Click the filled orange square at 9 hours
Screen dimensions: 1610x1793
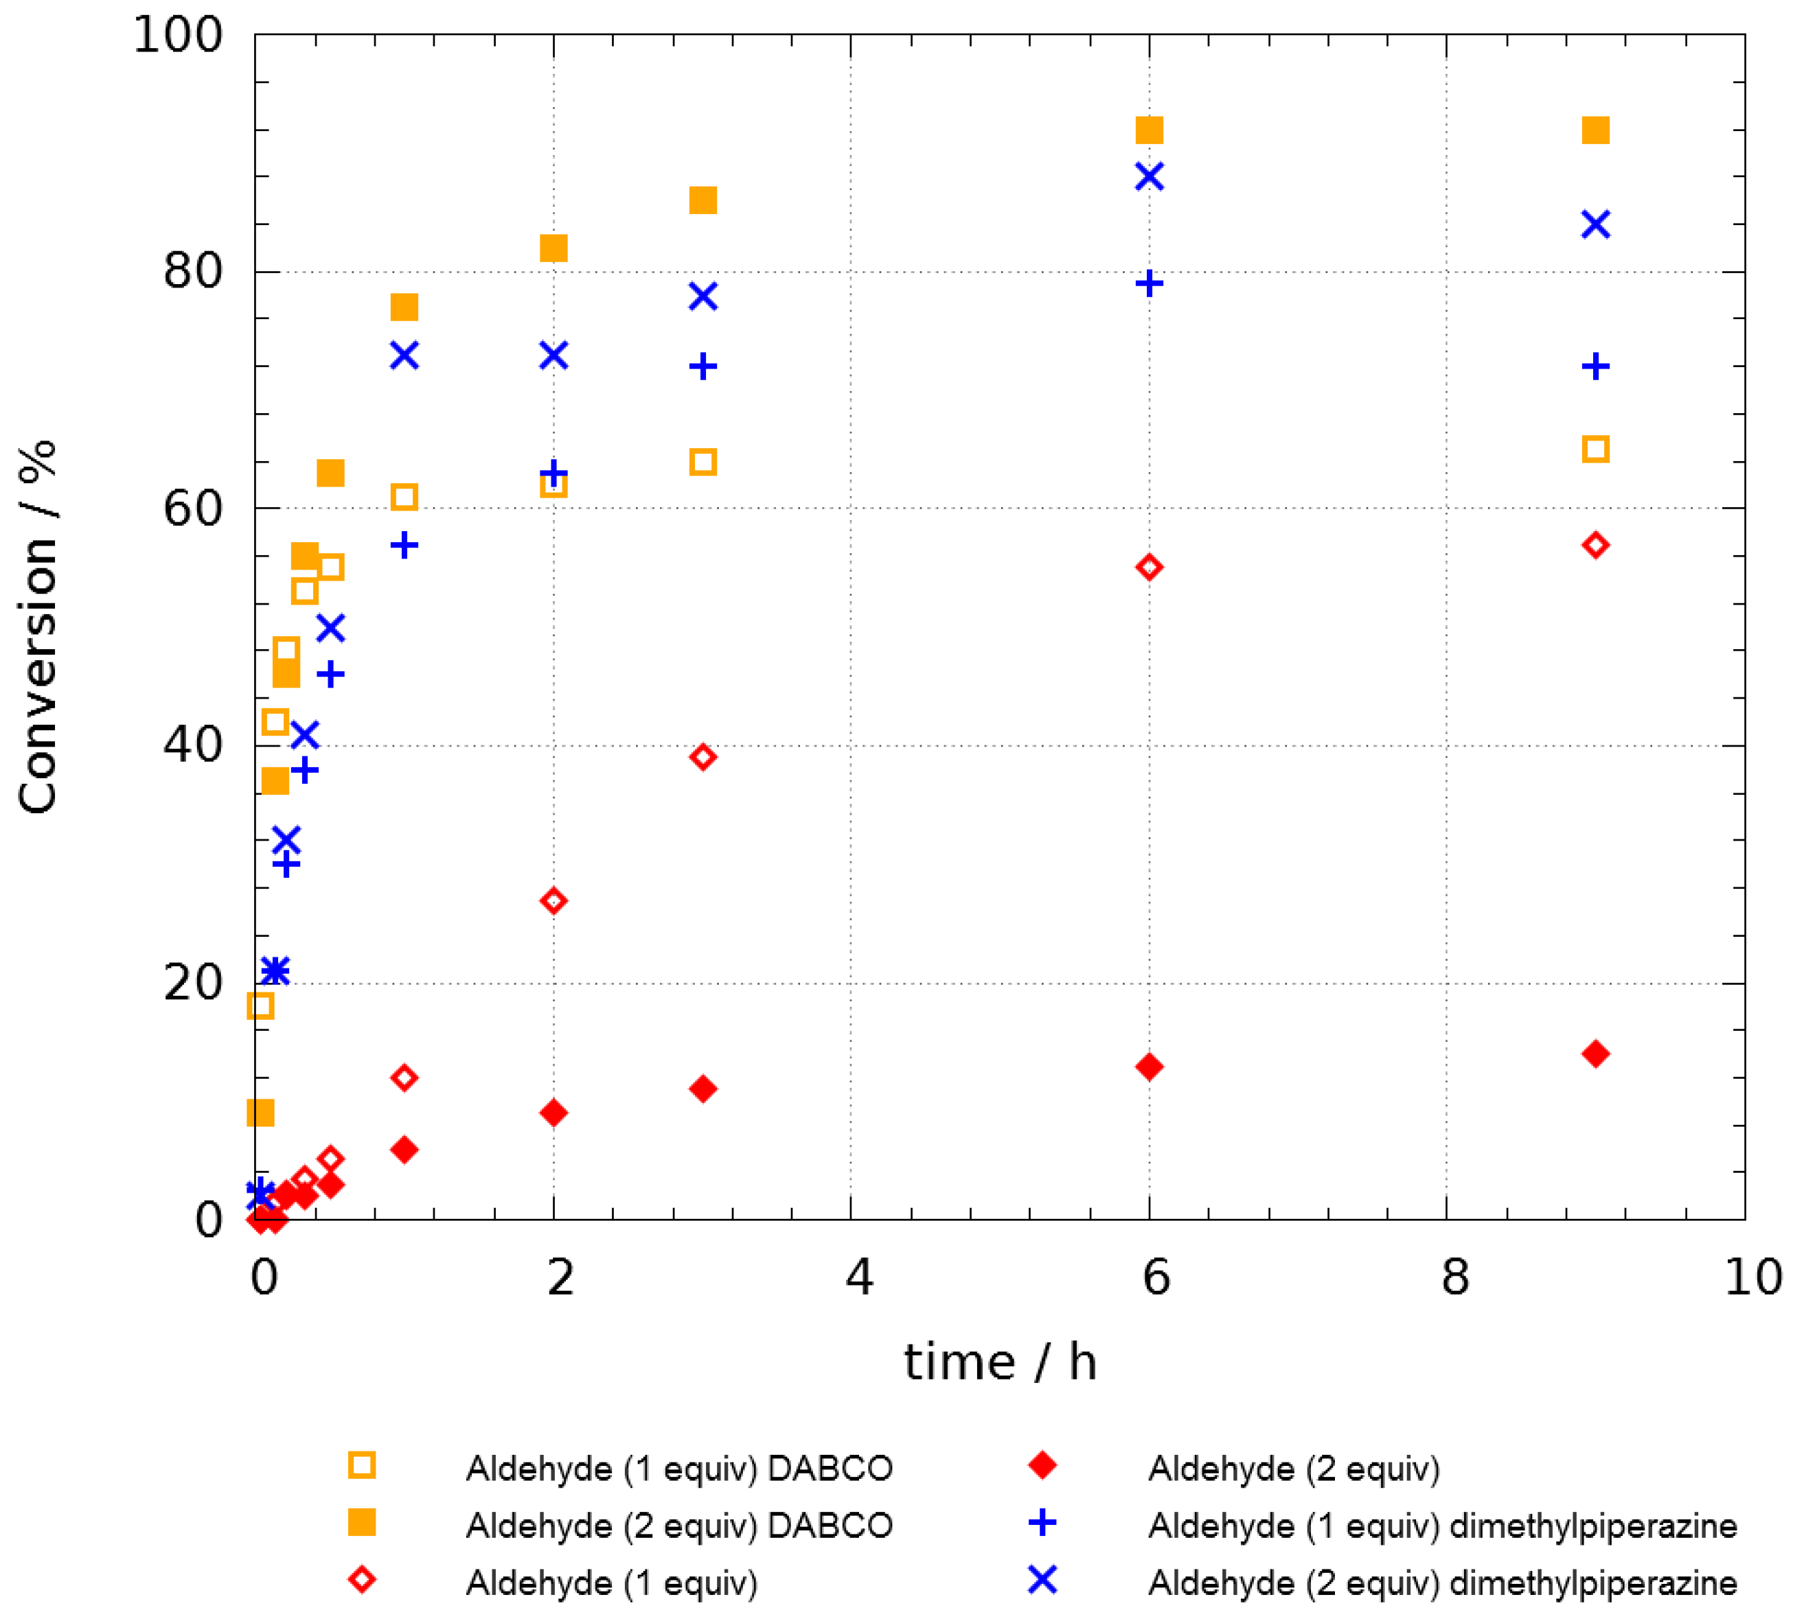tap(1595, 130)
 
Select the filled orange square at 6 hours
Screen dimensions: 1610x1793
tap(1149, 130)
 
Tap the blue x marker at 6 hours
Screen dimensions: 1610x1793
tap(1149, 177)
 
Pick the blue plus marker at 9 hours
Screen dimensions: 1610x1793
tap(1595, 366)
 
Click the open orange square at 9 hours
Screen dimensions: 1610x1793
tap(1595, 450)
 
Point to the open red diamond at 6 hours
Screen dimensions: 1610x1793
tap(1149, 567)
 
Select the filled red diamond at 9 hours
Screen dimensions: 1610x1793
tap(1595, 1053)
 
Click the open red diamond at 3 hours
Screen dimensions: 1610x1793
tap(703, 757)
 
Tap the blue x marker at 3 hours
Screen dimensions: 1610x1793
tap(703, 296)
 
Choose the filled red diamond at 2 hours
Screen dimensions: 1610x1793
tap(553, 1113)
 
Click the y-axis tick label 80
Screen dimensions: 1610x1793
tap(192, 270)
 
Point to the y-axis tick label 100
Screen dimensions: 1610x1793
tap(177, 36)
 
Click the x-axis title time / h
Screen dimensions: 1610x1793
tap(1000, 1362)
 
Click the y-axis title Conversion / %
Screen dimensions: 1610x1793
tap(38, 627)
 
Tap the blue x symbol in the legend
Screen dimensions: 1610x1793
tap(1042, 1579)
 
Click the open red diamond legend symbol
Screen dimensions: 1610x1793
tap(362, 1580)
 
